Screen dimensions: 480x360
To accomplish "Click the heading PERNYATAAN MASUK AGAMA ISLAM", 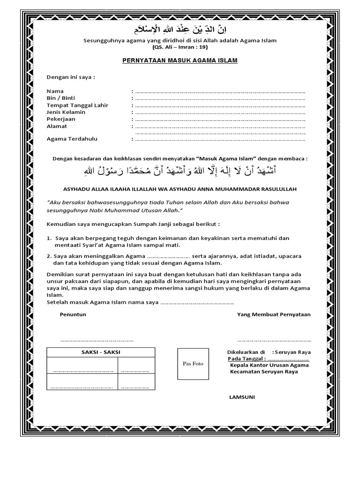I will tap(180, 60).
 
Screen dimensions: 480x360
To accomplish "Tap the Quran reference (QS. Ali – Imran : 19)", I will tap(180, 47).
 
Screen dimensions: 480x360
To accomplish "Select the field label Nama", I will tap(55, 91).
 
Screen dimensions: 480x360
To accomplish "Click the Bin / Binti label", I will tap(61, 98).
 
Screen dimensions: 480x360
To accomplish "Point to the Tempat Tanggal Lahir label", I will tap(77, 105).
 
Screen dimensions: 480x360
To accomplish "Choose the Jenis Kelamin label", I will tap(66, 112).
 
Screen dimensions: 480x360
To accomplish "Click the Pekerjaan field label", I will tap(61, 119).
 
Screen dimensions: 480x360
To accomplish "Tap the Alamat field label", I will tap(57, 126).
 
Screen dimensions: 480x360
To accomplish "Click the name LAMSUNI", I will tap(242, 397).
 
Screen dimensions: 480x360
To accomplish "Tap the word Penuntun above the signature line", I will tap(73, 315).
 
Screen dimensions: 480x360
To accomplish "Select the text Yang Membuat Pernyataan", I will tap(274, 315).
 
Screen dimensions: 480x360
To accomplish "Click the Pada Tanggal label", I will tap(243, 359).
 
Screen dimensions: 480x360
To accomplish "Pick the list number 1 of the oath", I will tap(49, 238).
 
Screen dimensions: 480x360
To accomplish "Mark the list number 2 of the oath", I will tap(49, 256).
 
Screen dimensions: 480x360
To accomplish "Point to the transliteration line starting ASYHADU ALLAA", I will tap(180, 188).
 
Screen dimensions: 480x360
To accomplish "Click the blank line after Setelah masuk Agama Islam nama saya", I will tap(197, 303).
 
